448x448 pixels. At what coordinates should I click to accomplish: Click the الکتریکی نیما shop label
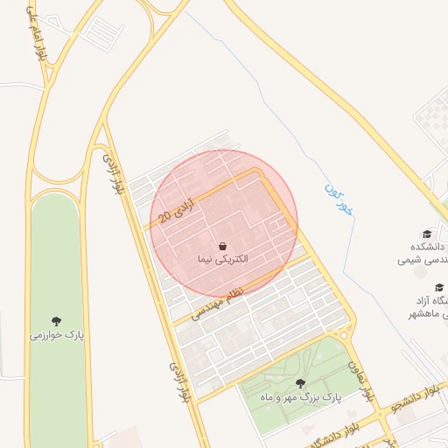[x=222, y=260]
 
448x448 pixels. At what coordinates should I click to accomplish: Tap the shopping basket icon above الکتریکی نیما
[x=222, y=245]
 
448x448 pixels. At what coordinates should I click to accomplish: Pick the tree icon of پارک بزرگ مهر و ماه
[x=300, y=382]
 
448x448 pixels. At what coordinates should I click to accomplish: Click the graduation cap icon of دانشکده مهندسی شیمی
[x=427, y=234]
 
